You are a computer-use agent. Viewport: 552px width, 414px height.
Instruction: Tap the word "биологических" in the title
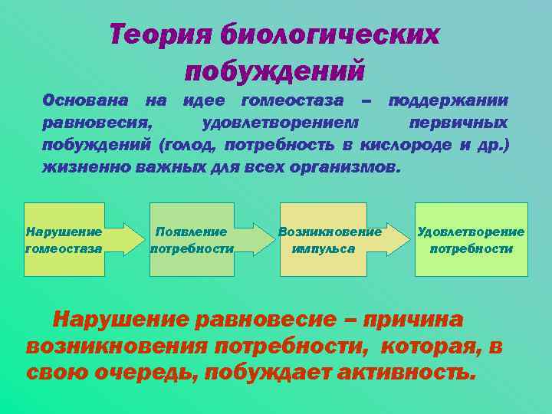tap(330, 34)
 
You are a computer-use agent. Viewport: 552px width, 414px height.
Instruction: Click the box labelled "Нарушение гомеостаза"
tap(64, 239)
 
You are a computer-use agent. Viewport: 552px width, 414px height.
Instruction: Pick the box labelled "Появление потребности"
tap(192, 239)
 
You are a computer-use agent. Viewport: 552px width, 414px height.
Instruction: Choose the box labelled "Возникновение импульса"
tap(330, 239)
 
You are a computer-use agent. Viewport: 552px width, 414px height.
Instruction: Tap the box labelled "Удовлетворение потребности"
tap(471, 239)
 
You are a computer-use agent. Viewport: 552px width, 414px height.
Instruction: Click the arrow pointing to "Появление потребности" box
tap(127, 239)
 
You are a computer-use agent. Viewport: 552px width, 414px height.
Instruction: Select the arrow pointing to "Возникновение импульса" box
tap(257, 239)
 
